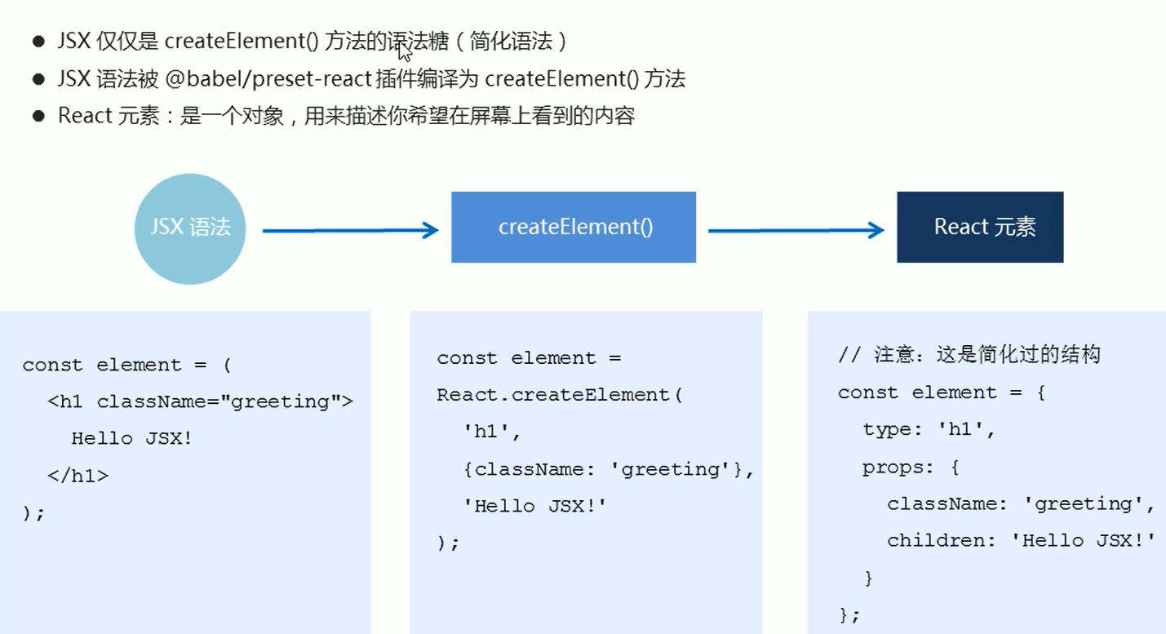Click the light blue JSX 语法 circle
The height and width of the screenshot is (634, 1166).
pyautogui.click(x=190, y=228)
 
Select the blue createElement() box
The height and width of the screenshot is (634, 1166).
pyautogui.click(x=574, y=227)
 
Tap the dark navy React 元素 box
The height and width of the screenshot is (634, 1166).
pyautogui.click(x=980, y=227)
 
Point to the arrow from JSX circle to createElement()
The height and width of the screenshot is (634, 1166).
pyautogui.click(x=350, y=231)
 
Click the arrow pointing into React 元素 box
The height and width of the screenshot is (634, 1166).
pyautogui.click(x=796, y=231)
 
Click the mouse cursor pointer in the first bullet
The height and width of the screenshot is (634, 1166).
pyautogui.click(x=404, y=51)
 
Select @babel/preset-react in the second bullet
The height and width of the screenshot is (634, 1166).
pyautogui.click(x=268, y=79)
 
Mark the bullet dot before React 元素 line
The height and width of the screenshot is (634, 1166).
pyautogui.click(x=38, y=116)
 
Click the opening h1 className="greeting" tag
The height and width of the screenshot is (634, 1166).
pyautogui.click(x=200, y=401)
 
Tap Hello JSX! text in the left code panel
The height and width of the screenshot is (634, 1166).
pyautogui.click(x=132, y=438)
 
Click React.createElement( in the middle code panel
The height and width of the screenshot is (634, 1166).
pyautogui.click(x=559, y=395)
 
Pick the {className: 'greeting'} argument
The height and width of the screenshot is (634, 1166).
pyautogui.click(x=609, y=469)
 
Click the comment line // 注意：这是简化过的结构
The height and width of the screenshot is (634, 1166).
pyautogui.click(x=969, y=355)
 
